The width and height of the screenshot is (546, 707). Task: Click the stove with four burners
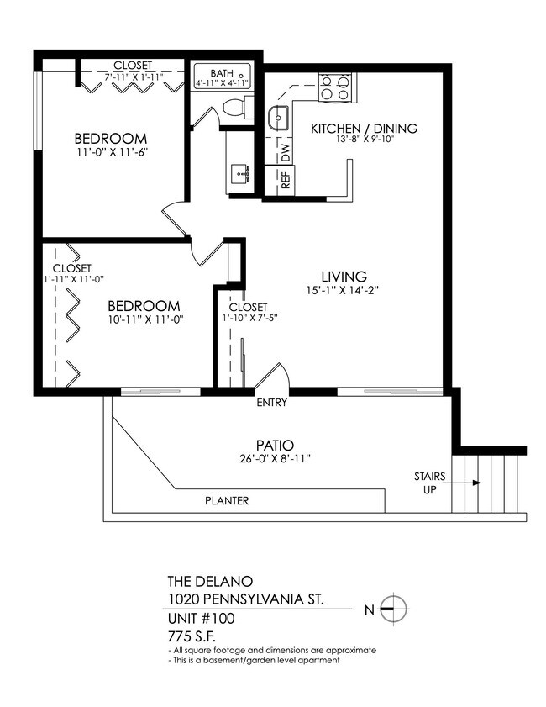335,87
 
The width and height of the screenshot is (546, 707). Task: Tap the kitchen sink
279,119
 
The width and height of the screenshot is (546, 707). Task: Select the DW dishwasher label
286,152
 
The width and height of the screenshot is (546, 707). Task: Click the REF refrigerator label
286,180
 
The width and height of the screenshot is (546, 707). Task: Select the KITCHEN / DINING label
364,129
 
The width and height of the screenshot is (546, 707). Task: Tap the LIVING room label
344,277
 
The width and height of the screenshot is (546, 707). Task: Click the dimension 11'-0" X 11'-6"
110,154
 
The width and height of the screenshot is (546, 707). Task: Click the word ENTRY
272,403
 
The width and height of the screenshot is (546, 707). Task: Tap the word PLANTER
227,501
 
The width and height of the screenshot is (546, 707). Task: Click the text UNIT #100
202,619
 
